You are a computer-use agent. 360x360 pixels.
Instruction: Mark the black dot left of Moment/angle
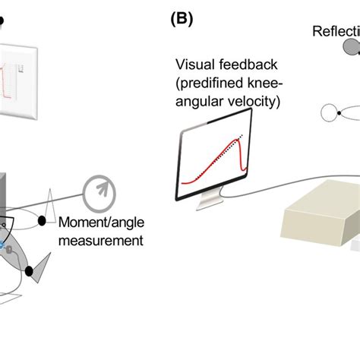(x=51, y=221)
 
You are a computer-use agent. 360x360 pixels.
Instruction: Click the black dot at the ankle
(x=29, y=271)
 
